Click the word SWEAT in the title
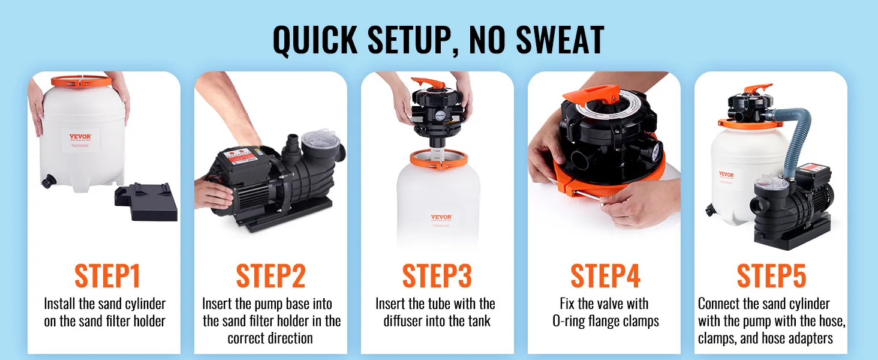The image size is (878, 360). (x=560, y=40)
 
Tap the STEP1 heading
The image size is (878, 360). (x=107, y=276)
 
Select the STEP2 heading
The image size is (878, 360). (x=271, y=276)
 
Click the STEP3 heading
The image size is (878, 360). (x=437, y=276)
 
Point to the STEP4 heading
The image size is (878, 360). (x=606, y=276)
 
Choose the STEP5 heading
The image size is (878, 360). (x=772, y=276)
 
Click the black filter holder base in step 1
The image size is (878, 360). (x=146, y=202)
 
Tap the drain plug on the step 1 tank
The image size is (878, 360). (x=49, y=181)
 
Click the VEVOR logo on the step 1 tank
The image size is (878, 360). (x=80, y=136)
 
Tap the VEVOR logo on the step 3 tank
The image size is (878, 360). (x=441, y=217)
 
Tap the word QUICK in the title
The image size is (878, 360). (x=315, y=40)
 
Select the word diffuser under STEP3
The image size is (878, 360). (x=403, y=321)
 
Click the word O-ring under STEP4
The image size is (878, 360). (x=569, y=321)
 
